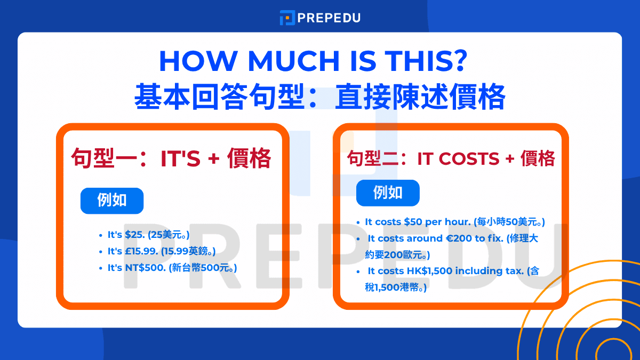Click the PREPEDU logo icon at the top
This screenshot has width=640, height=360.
[x=287, y=18]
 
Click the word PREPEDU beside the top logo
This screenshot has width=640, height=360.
[x=329, y=18]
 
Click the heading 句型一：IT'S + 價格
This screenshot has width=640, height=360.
[x=172, y=158]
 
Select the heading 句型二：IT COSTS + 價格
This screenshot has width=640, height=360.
[x=451, y=158]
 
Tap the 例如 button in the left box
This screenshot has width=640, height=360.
[x=112, y=201]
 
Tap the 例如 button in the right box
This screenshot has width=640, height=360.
[x=388, y=193]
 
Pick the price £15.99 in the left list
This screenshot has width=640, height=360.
[x=143, y=251]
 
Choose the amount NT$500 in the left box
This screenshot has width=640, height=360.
[x=145, y=268]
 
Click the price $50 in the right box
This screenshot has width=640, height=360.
[x=414, y=222]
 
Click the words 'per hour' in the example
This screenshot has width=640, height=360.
[x=449, y=222]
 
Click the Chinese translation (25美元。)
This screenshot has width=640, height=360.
[x=169, y=235]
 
